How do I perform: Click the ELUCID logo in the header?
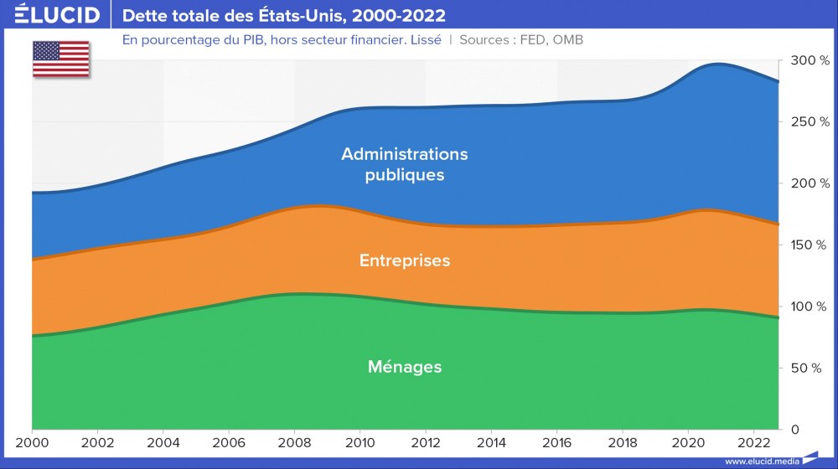click(x=58, y=15)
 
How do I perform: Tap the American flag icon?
click(x=61, y=58)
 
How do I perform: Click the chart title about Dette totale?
click(x=284, y=16)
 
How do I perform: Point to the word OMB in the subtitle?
click(x=567, y=39)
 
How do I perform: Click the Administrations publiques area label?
click(x=404, y=165)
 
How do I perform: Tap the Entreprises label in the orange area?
click(x=404, y=260)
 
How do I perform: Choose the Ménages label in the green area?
click(x=404, y=367)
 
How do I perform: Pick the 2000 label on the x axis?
click(x=33, y=441)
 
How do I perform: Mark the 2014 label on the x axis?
click(x=492, y=441)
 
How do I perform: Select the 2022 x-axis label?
click(x=754, y=441)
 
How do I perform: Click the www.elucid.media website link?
click(x=761, y=461)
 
